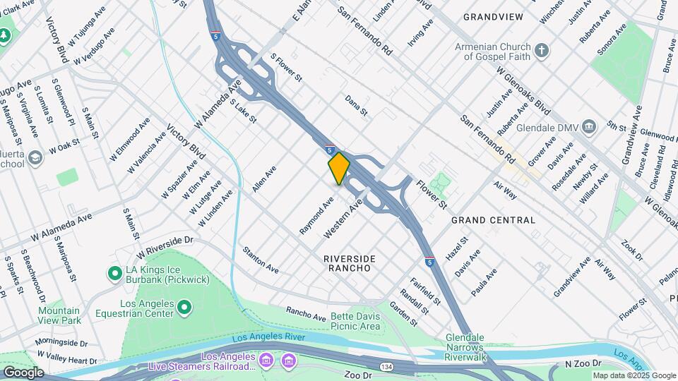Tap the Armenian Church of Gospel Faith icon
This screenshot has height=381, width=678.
coord(542,50)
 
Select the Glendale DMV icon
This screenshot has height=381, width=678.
coord(590,126)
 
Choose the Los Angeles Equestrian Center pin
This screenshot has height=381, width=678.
coord(184,306)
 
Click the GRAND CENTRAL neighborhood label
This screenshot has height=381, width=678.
coord(493,220)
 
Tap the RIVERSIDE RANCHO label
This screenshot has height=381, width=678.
coord(349,263)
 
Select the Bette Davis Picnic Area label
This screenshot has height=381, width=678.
coord(355,321)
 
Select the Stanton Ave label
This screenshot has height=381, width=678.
coord(261,260)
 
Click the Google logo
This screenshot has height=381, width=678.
coord(23,372)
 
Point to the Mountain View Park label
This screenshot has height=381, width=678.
coord(59,315)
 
